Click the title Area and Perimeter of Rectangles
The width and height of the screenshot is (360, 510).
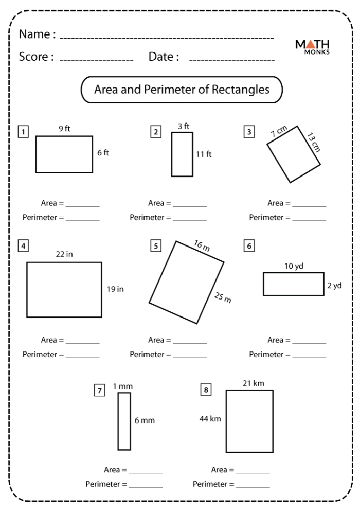coord(182,90)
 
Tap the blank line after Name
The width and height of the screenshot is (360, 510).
coord(167,38)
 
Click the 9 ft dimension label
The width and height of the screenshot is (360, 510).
coord(64,129)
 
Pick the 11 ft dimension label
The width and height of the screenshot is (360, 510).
coord(204,154)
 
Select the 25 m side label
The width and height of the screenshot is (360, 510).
coord(222,297)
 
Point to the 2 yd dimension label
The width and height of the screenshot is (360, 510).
coord(334,286)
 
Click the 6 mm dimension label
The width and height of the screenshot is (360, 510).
coord(145,420)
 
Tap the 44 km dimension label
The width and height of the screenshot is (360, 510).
coord(210,419)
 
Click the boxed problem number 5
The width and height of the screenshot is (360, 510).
coord(155,246)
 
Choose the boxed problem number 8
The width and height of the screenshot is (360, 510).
coord(206,390)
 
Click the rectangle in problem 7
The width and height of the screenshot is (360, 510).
coord(124,421)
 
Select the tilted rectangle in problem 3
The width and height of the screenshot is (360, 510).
coord(294,154)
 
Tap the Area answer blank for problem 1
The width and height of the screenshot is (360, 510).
coord(82,206)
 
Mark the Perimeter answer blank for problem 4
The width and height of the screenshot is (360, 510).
coord(82,357)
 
